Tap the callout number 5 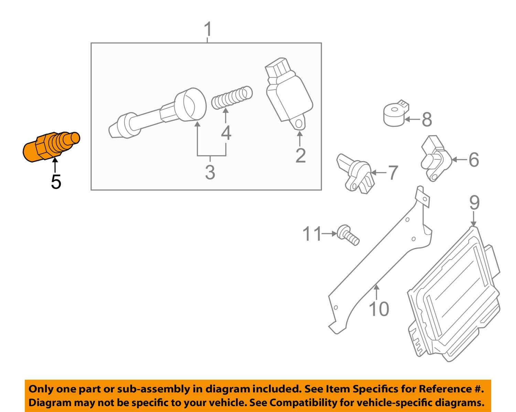(x=56, y=182)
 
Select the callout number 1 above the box (x=208, y=29)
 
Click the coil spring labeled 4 (x=232, y=97)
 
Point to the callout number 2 (x=300, y=156)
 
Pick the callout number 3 (x=210, y=172)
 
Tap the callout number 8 (x=427, y=119)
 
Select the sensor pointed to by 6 (x=436, y=158)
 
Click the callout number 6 (x=474, y=160)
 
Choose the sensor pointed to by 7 (x=355, y=173)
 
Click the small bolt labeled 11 (x=348, y=235)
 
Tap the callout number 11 (x=312, y=234)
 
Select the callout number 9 (x=474, y=203)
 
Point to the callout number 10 (x=379, y=309)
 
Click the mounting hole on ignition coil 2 (x=299, y=124)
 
